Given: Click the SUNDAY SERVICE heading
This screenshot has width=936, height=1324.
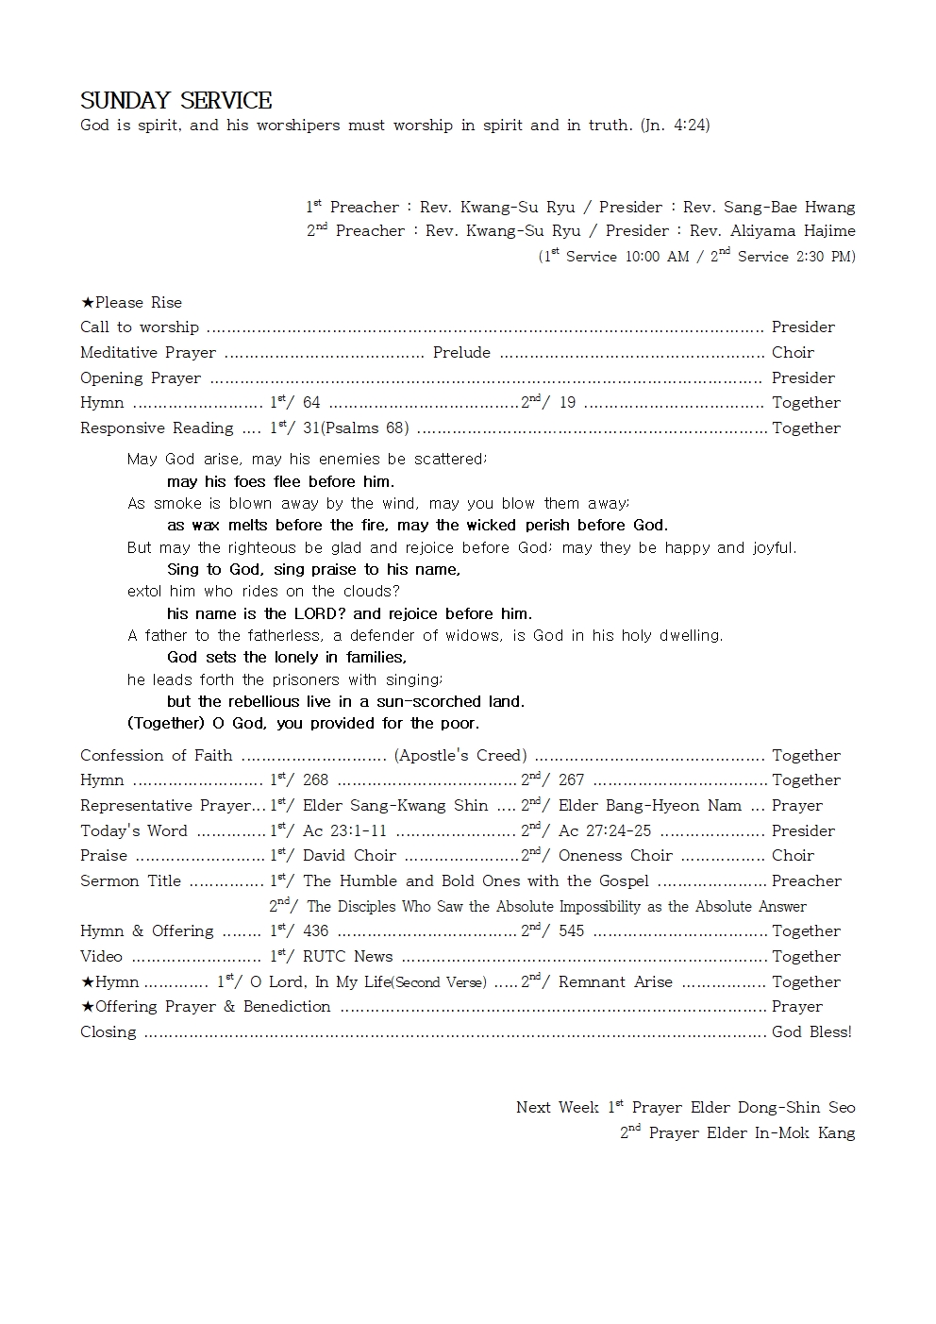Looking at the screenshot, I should coord(175,100).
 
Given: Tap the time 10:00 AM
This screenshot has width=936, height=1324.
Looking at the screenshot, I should coord(657,257).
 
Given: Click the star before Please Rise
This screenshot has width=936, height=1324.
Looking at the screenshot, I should coord(87,303).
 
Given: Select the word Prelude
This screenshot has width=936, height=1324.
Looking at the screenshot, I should coord(461,352).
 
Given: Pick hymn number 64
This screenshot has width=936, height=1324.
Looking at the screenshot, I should coord(311,403).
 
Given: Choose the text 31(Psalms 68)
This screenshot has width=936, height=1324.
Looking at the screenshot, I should coord(356,428).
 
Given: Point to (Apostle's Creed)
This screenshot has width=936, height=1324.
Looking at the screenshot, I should coord(460,755).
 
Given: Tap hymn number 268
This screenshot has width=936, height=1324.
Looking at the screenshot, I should coord(315,780).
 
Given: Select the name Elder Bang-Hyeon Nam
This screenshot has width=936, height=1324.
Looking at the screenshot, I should coord(650,806).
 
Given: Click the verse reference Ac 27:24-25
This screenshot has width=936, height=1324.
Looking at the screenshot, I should coord(605,831).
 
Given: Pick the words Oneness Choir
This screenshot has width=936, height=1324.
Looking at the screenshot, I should coord(615,856).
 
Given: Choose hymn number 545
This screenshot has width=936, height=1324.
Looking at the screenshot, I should coord(571,931).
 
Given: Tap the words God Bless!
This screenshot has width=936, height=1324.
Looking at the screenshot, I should coord(811,1032).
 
